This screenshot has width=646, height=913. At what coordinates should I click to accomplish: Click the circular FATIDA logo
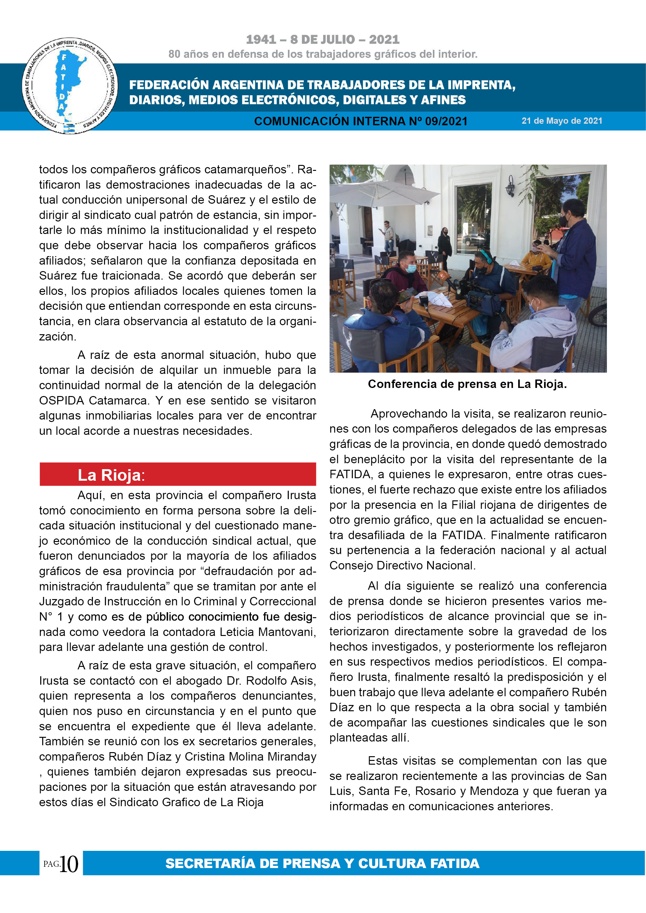pos(70,86)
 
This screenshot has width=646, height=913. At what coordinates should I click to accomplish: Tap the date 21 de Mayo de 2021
pos(562,121)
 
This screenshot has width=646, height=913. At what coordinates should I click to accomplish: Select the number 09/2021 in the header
pos(446,121)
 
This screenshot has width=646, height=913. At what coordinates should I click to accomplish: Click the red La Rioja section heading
pos(178,475)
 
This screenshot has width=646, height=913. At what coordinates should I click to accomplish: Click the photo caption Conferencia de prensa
pos(467,384)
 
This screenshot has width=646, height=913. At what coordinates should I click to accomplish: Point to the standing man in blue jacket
pos(575,255)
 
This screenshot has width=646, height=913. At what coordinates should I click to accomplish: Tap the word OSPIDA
pos(61,400)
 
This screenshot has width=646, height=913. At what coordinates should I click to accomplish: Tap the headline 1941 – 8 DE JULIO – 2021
pos(323,39)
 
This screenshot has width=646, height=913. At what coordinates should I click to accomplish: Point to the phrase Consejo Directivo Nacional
pos(402,565)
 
